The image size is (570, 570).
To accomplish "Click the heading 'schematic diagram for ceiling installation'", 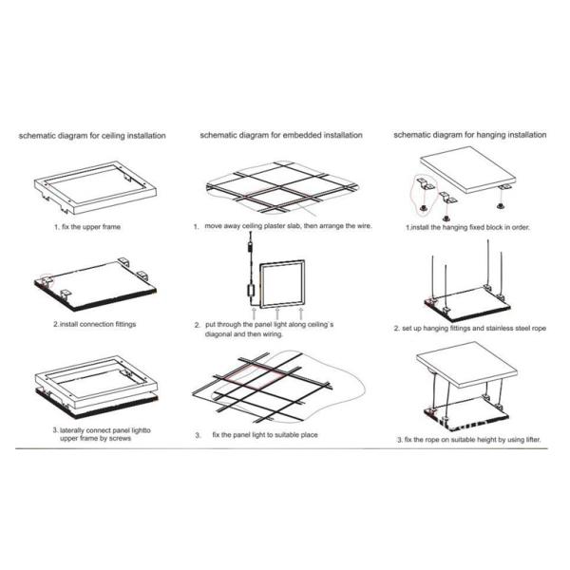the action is [92, 136].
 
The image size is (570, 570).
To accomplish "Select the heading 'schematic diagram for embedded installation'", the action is [281, 135].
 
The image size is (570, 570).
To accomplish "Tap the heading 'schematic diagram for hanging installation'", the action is [469, 135].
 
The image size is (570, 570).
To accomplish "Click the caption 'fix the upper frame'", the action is [87, 227].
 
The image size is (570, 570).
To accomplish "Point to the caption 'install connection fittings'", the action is [94, 324].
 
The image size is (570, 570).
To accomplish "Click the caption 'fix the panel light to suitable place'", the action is [265, 435].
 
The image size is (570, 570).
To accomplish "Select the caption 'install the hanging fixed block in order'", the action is [467, 227].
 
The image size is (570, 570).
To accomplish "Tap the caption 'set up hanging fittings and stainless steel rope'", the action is [470, 329].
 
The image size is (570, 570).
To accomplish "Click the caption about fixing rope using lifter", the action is [469, 440].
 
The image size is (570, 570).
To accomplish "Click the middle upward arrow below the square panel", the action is [277, 313].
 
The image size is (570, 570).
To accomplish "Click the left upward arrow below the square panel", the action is [254, 313].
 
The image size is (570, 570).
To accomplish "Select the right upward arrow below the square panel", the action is [300, 313].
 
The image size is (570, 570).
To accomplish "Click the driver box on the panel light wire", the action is [251, 290].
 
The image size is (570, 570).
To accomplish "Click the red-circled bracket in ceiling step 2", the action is [47, 281].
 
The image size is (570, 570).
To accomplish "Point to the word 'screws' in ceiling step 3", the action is [120, 438].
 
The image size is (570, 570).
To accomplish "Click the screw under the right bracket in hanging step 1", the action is [501, 206].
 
